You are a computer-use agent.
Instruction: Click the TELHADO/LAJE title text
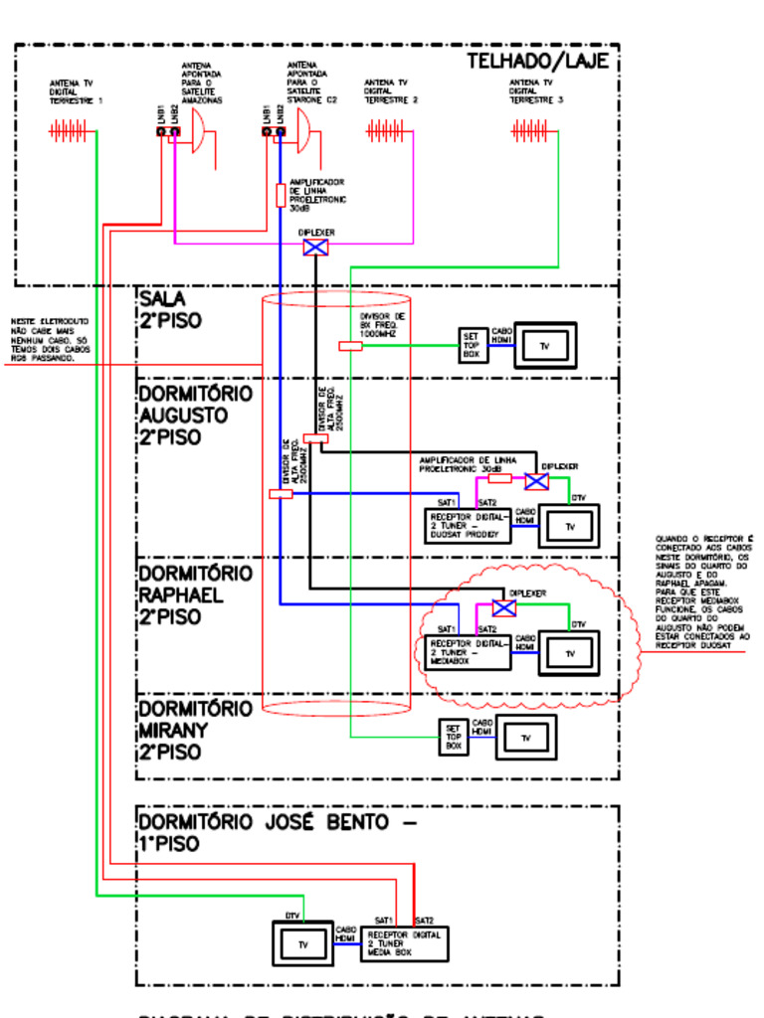(537, 62)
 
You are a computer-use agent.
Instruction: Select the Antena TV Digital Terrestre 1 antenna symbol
(70, 130)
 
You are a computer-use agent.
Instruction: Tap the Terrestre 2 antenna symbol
(384, 130)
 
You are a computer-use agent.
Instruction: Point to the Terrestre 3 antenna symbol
(529, 130)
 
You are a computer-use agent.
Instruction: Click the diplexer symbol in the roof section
(315, 246)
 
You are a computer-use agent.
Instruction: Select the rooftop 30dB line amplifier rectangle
(281, 195)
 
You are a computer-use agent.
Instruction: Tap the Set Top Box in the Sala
(473, 346)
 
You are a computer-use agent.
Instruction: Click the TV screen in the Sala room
(544, 345)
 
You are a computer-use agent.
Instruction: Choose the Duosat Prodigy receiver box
(469, 526)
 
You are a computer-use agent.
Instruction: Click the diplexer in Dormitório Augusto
(536, 481)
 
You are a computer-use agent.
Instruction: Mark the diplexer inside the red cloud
(504, 608)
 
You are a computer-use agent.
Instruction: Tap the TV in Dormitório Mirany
(526, 737)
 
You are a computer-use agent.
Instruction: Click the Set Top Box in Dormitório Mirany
(454, 737)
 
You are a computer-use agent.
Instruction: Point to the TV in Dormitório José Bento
(303, 943)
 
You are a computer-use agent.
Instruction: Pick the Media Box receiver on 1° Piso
(406, 942)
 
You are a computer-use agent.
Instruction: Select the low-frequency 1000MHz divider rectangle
(350, 346)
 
